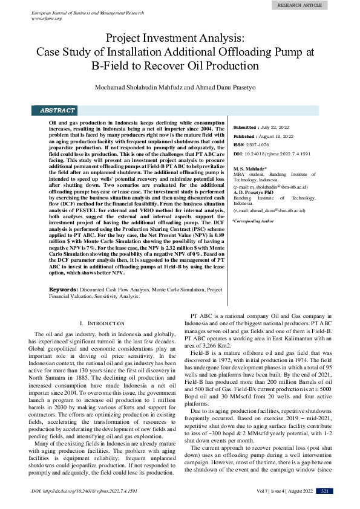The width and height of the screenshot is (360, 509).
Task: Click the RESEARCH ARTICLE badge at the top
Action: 299,5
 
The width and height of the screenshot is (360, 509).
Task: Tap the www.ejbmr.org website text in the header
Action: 48,18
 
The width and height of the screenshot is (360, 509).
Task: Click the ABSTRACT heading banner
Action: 57,111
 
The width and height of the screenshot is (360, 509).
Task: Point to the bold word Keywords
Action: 63,290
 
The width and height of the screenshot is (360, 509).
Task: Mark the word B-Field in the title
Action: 112,65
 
